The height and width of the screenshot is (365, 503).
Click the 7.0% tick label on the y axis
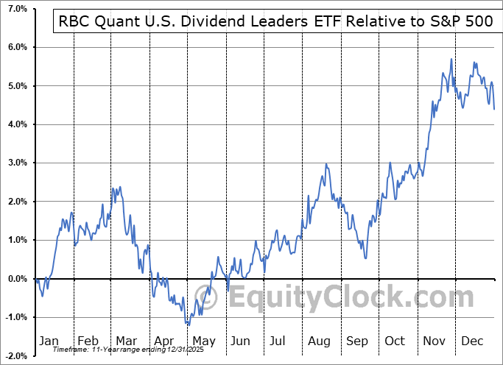point(14,9)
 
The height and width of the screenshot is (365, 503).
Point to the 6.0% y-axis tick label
point(14,47)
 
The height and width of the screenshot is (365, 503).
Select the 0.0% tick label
point(14,279)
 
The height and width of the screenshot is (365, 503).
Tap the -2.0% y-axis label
point(13,356)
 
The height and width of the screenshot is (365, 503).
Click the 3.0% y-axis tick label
point(14,163)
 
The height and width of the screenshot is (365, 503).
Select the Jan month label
point(49,341)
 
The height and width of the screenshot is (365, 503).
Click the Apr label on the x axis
point(165,341)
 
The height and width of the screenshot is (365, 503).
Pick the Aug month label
point(320,341)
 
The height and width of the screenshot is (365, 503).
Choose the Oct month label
point(395,341)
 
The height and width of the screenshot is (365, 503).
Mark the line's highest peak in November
point(451,59)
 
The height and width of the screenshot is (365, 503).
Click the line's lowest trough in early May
point(188,325)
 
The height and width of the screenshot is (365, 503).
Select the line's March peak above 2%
point(114,188)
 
